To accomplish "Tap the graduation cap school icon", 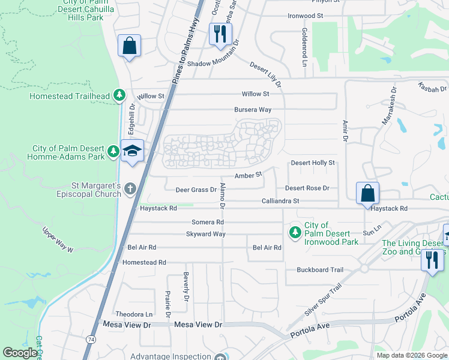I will click(132, 151).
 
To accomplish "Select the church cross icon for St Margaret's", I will click(131, 189).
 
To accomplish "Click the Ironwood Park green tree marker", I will click(295, 232).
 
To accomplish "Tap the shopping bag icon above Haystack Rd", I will click(367, 193).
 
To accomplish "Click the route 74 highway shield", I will click(89, 339).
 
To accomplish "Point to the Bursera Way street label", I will click(253, 110).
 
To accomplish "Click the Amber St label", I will click(249, 175).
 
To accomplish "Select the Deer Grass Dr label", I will click(195, 190).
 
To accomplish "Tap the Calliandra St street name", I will click(280, 201).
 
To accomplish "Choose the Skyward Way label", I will click(205, 234).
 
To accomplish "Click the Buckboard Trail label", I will click(319, 270).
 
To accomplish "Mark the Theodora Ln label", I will click(134, 314).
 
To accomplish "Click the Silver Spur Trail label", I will click(322, 299).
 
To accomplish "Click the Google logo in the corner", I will click(20, 353).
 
